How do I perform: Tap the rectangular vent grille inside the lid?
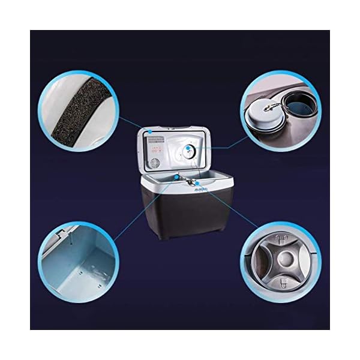click(x=156, y=144)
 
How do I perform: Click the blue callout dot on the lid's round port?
click(x=188, y=148)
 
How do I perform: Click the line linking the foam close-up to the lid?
click(x=134, y=124)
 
